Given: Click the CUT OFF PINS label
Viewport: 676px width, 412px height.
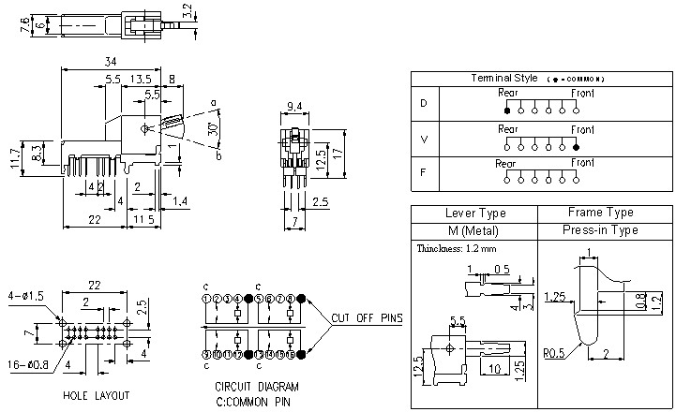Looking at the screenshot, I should coord(367,318).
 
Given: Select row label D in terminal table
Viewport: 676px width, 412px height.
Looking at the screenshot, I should coord(423,102).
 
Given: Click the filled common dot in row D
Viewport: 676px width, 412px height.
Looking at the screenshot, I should coord(507,110).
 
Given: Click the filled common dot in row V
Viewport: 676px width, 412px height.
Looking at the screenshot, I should coord(576,146).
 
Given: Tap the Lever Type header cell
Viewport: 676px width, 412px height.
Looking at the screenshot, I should coord(474,213).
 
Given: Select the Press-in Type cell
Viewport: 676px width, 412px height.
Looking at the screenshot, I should coord(600,229).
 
